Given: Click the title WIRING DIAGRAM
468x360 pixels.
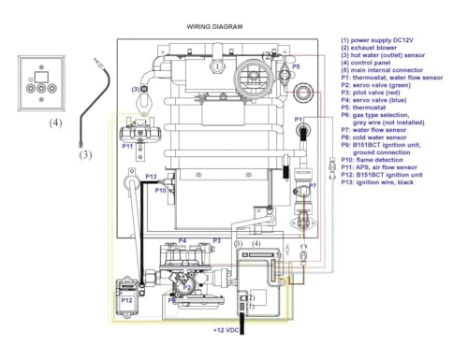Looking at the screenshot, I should pyautogui.click(x=214, y=27).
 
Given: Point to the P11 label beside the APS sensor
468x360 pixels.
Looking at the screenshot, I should pyautogui.click(x=127, y=146).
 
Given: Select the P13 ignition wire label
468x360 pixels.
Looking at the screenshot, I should pyautogui.click(x=151, y=176).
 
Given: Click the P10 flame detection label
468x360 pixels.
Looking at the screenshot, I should pyautogui.click(x=160, y=191).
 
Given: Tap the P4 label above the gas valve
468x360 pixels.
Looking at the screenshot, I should pyautogui.click(x=183, y=240).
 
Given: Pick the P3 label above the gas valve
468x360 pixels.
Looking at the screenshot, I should pyautogui.click(x=216, y=240).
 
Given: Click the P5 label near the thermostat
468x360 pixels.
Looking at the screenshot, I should pyautogui.click(x=296, y=67).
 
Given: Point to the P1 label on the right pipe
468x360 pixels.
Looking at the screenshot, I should pyautogui.click(x=300, y=120).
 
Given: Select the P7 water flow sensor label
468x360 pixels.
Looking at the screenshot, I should pyautogui.click(x=313, y=186).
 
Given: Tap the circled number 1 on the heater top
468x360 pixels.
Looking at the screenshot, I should pyautogui.click(x=217, y=66).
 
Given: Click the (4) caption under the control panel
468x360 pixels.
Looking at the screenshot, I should pyautogui.click(x=56, y=122).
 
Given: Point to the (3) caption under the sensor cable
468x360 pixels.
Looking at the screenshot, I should pyautogui.click(x=85, y=154).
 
